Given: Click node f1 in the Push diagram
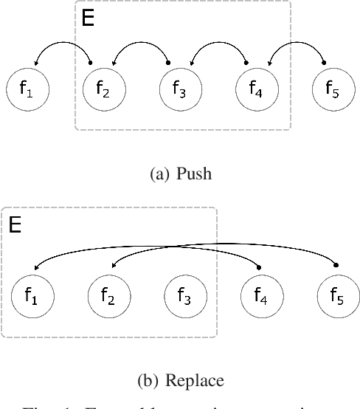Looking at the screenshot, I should pos(27,89).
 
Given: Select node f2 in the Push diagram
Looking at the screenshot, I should pos(104,89).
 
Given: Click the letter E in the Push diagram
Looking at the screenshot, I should pos(88,18).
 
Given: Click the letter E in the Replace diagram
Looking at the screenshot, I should pos(14,224).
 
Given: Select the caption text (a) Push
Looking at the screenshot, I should pos(180,175).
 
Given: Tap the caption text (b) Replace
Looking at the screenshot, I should pos(180,381).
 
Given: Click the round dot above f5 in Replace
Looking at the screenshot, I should pos(336,264).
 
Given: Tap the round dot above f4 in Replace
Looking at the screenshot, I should pos(259,267).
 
